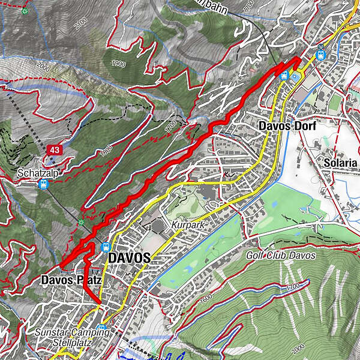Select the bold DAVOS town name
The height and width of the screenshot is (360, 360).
[x=129, y=257]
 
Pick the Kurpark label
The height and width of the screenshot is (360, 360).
[x=184, y=224]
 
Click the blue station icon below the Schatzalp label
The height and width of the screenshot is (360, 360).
[x=43, y=184]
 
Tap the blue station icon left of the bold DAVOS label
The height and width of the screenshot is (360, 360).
[x=106, y=247]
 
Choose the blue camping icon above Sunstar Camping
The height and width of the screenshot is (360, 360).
[x=102, y=329]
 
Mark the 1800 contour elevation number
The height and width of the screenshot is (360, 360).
[x=106, y=153]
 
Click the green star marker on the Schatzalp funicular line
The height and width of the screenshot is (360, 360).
[x=82, y=223]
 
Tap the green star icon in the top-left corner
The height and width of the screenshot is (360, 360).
[x=25, y=11]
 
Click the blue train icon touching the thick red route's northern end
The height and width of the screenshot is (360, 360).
[x=284, y=75]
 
